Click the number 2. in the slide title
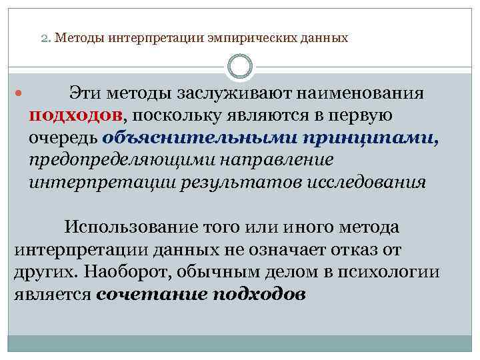(x=46, y=38)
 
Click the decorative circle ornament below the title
(x=240, y=67)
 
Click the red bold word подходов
(x=75, y=115)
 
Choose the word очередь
(x=63, y=138)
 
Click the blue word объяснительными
(x=201, y=138)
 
